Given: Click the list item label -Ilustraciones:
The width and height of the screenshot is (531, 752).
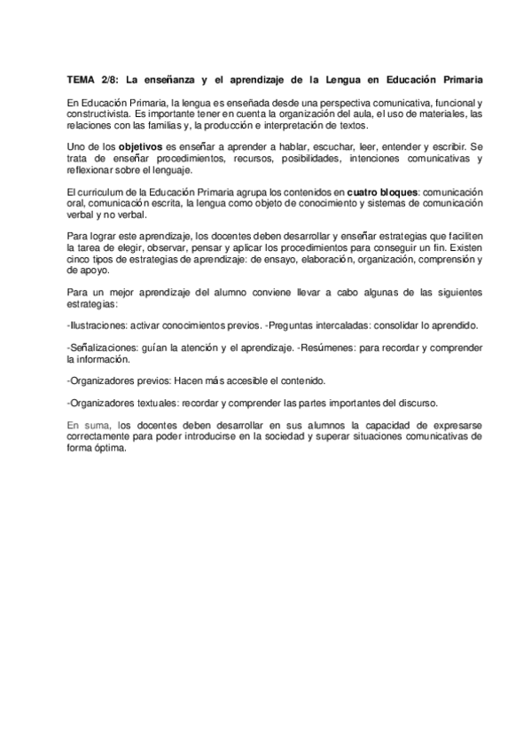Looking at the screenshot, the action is coord(98,325).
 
